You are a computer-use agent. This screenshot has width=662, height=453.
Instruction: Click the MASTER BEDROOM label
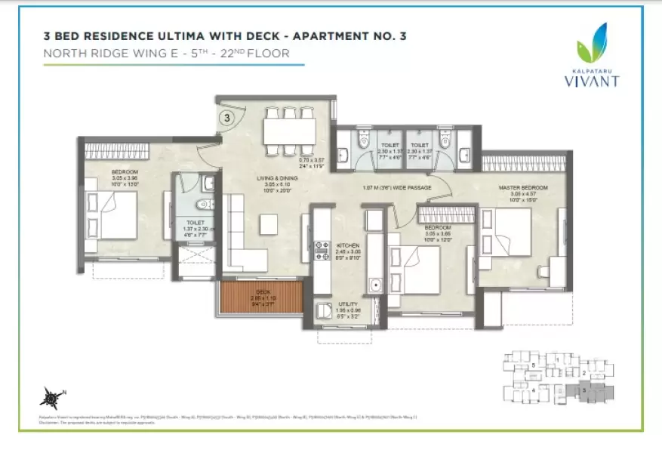[x=522, y=187]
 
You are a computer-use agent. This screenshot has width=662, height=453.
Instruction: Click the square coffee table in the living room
[x=268, y=224]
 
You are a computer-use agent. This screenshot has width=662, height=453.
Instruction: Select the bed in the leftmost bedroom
[x=113, y=214]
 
